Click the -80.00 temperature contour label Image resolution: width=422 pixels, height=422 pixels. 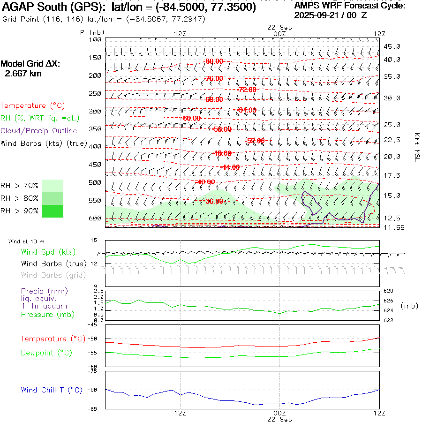[x=214, y=61]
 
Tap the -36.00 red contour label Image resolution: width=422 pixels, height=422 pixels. [x=214, y=201]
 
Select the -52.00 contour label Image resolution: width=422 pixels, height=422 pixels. [x=256, y=141]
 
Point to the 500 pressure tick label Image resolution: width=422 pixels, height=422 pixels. [x=95, y=182]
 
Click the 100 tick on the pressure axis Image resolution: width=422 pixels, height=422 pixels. [x=95, y=40]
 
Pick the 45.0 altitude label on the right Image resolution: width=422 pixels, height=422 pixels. [x=392, y=46]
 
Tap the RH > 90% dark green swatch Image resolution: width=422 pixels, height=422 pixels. [x=53, y=211]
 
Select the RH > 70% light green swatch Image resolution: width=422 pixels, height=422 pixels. [x=53, y=186]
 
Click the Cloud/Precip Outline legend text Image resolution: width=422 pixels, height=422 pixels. [x=39, y=131]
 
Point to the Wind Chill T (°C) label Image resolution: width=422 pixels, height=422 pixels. [x=52, y=390]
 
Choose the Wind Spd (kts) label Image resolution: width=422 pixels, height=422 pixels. [x=48, y=252]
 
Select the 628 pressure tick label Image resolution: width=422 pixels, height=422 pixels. [x=389, y=291]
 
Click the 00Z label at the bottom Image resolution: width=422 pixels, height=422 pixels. [x=279, y=413]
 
